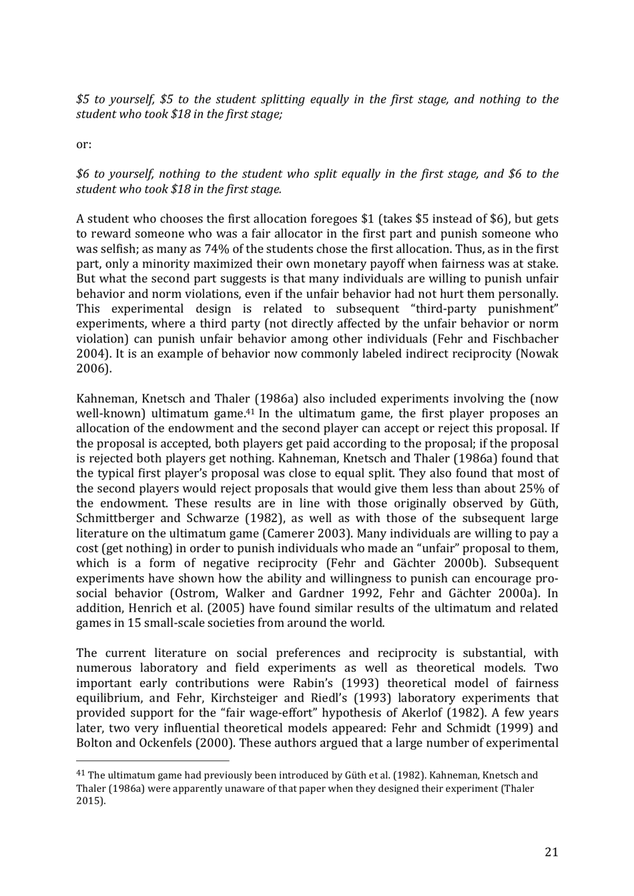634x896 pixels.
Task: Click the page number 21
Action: [x=551, y=851]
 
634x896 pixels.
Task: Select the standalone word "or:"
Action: [x=84, y=144]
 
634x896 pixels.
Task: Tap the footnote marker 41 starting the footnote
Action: [x=81, y=774]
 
